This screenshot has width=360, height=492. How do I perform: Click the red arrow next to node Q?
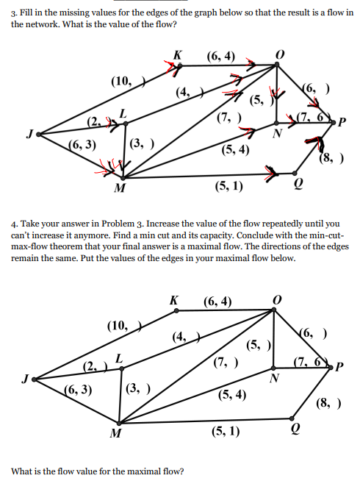pyautogui.click(x=272, y=175)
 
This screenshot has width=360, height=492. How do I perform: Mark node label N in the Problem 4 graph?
pyautogui.click(x=274, y=379)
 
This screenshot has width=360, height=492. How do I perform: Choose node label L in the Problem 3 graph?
pyautogui.click(x=123, y=112)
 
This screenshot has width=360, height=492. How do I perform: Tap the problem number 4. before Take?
pyautogui.click(x=15, y=223)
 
